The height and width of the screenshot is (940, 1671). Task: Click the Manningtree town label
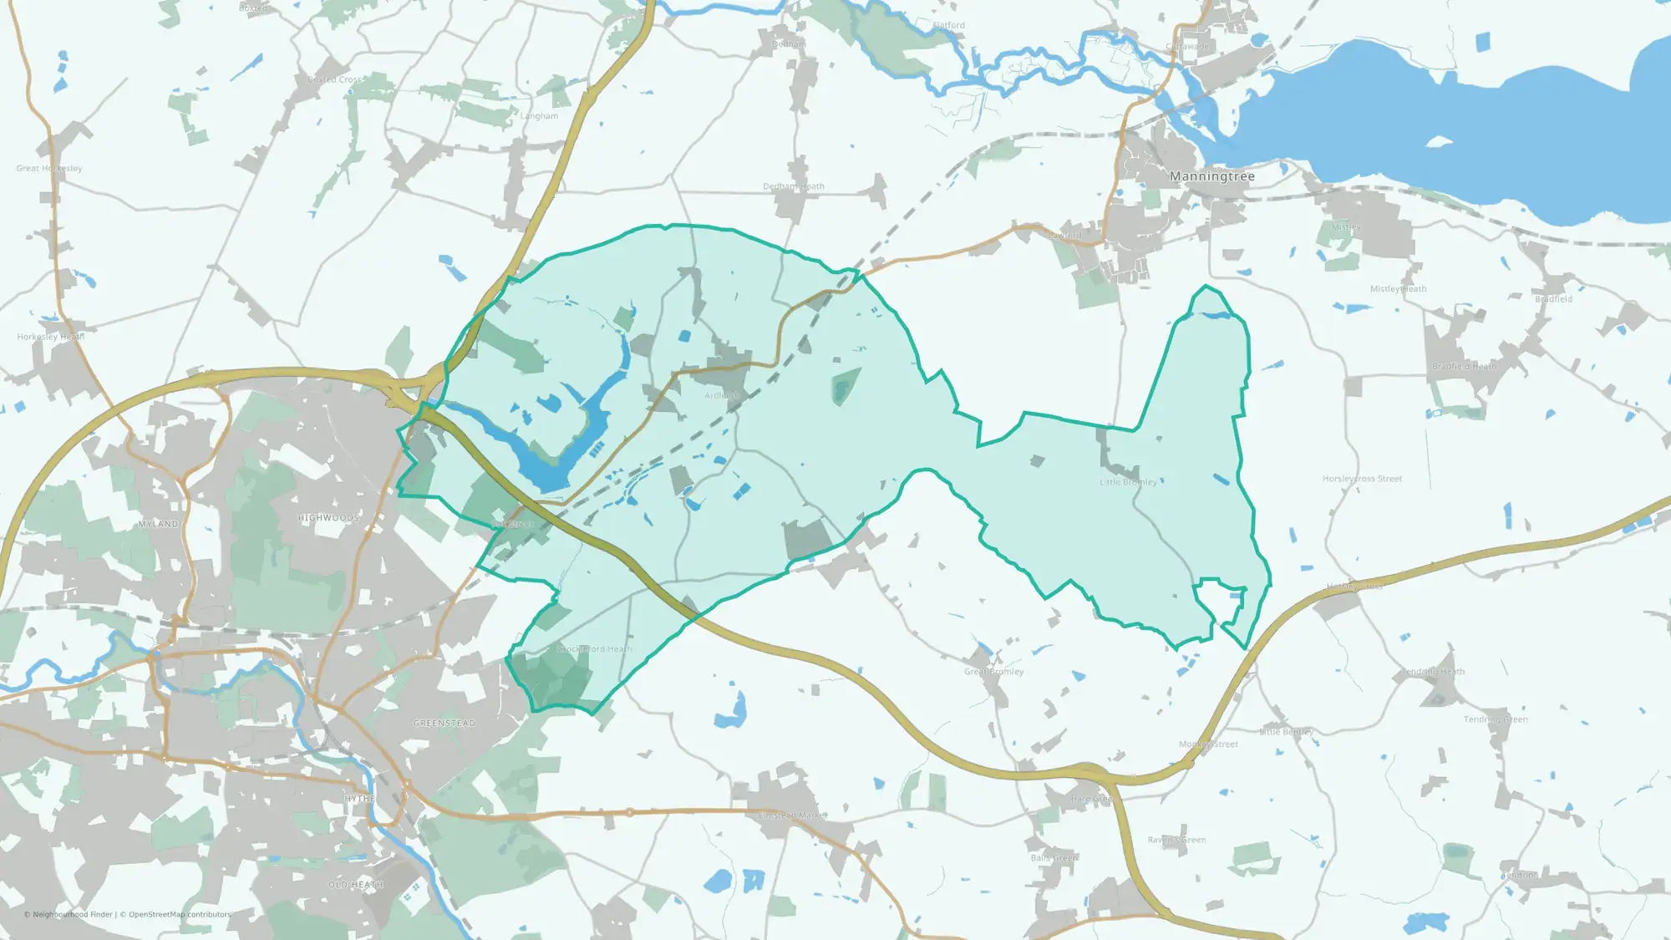[1211, 176]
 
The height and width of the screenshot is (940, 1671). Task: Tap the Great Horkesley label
[49, 168]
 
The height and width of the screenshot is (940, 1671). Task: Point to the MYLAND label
[159, 525]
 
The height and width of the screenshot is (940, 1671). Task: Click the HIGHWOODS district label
[328, 518]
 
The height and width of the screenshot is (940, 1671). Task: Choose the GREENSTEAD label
[444, 724]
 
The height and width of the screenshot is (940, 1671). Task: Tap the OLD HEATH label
[355, 885]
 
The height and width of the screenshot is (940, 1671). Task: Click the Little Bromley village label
[1128, 482]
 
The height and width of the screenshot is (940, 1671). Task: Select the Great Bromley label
[993, 672]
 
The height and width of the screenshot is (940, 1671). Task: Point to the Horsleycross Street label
[1362, 479]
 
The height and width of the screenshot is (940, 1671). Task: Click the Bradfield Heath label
[1464, 367]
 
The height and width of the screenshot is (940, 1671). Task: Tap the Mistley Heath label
[1398, 289]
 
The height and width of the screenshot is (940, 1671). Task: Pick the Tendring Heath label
[1433, 672]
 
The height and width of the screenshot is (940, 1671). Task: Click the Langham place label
[539, 116]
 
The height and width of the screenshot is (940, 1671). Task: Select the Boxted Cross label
[335, 79]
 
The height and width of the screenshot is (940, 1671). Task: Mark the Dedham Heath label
[793, 186]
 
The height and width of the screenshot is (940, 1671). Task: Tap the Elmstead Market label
[792, 816]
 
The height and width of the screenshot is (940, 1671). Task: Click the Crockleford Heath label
[594, 649]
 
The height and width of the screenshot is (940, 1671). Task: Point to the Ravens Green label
[1176, 840]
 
